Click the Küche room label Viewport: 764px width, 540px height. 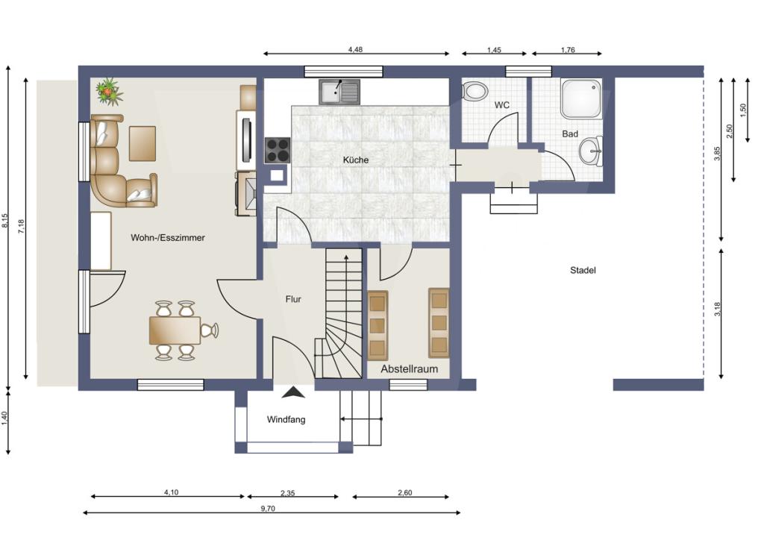click(356, 160)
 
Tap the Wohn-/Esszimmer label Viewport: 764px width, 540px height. click(168, 238)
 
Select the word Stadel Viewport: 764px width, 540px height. click(583, 270)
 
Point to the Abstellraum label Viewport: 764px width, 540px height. click(410, 369)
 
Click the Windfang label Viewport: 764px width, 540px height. click(286, 419)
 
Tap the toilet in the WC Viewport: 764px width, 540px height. click(475, 91)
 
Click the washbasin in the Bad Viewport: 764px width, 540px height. click(591, 151)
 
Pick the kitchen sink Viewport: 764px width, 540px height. click(339, 92)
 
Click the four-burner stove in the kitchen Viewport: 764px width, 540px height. click(278, 150)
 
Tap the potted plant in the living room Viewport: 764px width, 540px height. click(109, 91)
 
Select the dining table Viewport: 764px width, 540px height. click(175, 330)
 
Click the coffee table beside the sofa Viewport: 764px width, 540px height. click(143, 143)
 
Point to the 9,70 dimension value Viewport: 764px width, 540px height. click(268, 509)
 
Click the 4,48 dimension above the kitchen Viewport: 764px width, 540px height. click(355, 49)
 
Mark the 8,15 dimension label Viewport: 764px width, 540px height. click(5, 221)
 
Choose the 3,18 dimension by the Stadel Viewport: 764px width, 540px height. click(717, 310)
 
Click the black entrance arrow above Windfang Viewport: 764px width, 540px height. click(294, 392)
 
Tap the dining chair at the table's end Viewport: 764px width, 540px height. click(210, 330)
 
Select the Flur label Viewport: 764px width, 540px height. click(293, 299)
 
